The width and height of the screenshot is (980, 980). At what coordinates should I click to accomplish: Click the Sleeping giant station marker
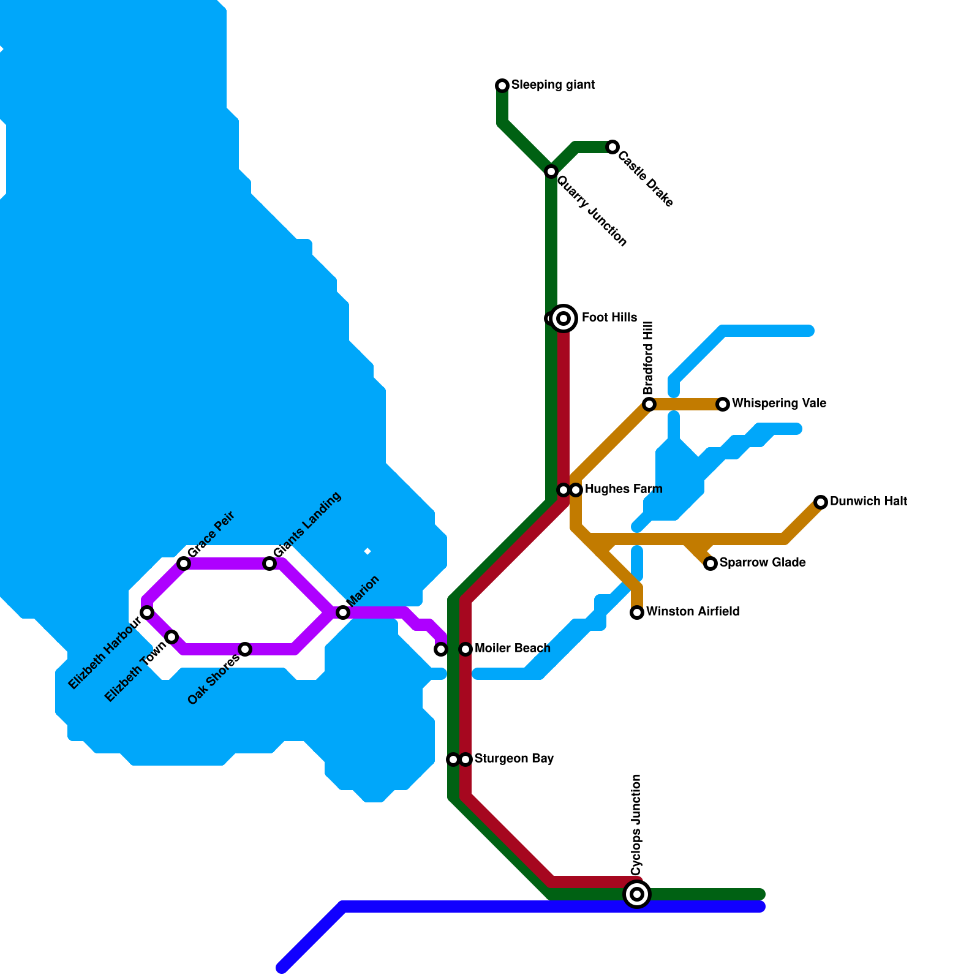point(502,85)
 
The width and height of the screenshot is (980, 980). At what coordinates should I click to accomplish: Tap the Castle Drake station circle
point(612,147)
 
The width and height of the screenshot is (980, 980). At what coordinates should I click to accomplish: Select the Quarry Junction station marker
point(551,171)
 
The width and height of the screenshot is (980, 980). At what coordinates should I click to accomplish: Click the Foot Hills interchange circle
point(563,318)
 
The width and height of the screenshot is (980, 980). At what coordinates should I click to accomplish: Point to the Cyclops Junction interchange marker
point(637,894)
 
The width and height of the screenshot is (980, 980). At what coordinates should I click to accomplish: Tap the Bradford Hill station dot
point(649,404)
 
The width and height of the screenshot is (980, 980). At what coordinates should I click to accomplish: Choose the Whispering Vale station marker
point(723,404)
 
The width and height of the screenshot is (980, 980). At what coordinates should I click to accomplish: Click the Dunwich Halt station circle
point(821,502)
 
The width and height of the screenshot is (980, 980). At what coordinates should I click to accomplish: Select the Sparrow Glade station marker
point(710,563)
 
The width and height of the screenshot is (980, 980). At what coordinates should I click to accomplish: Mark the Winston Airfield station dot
point(637,612)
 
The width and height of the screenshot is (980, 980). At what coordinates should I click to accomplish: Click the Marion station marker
point(343,612)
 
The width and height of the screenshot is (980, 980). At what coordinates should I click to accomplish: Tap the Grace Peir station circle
point(184,563)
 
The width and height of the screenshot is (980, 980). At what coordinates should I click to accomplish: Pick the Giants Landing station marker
point(269,563)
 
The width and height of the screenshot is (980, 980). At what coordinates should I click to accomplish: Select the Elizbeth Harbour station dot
point(147,612)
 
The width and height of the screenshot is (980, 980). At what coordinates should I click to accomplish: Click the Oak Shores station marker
point(245,649)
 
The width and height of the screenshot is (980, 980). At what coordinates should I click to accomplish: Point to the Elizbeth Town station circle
point(172,637)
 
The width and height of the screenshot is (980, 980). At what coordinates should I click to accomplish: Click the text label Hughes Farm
point(623,489)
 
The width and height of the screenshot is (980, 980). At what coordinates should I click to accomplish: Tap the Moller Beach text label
point(512,648)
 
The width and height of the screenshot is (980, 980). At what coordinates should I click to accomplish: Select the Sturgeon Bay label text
point(514,759)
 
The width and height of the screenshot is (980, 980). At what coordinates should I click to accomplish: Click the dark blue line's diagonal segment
point(312,937)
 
